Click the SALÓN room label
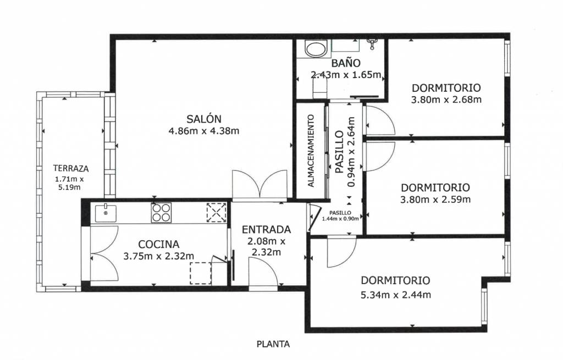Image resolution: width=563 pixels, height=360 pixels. (x=203, y=119)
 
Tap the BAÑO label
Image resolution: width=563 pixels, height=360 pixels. (x=346, y=63)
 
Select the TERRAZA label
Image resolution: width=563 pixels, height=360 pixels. (x=71, y=168)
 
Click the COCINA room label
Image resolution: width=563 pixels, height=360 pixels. (x=158, y=244)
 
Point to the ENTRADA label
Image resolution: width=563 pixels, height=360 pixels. (x=266, y=229)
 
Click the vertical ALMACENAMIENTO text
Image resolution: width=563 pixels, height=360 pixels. (x=311, y=151)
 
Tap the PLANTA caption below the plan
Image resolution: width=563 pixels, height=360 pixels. (x=273, y=344)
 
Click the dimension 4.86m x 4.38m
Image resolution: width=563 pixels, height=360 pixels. (x=203, y=131)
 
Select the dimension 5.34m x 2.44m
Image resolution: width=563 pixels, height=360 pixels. (x=395, y=295)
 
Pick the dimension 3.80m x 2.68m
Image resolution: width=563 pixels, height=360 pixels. (x=446, y=99)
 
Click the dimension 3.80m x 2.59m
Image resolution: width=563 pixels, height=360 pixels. (x=435, y=199)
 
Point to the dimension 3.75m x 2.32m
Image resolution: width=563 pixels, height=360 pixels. (x=158, y=256)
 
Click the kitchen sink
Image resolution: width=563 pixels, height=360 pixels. (x=106, y=213)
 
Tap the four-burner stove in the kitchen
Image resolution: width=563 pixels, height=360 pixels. (x=161, y=213)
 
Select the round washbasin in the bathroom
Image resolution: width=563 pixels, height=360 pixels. (x=316, y=49)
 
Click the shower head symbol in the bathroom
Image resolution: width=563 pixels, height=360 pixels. (x=372, y=44)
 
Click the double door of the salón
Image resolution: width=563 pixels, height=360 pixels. (x=260, y=185)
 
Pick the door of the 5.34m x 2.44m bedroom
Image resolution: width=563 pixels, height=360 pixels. (x=341, y=252)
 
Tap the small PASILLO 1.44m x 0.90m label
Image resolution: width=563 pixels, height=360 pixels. (x=340, y=215)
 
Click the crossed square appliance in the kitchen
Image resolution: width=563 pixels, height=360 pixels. (x=217, y=213)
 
